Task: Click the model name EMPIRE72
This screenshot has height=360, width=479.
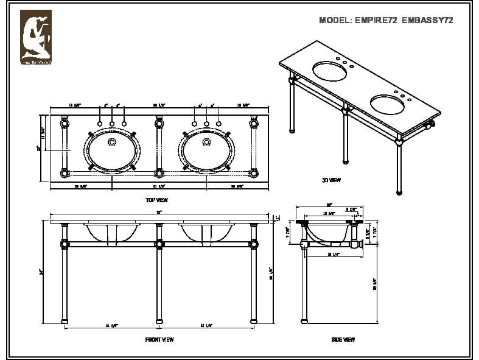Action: [376, 20]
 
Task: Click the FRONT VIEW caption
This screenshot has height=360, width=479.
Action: [159, 339]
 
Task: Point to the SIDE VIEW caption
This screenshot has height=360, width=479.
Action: [343, 339]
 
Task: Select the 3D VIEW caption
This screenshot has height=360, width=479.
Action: [331, 180]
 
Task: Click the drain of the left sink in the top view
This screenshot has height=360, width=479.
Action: [112, 143]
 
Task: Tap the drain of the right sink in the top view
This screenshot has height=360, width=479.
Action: [207, 143]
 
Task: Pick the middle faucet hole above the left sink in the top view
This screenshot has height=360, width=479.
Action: [112, 124]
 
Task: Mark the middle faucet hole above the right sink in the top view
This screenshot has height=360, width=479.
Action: [207, 124]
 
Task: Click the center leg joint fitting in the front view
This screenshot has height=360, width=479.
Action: [159, 245]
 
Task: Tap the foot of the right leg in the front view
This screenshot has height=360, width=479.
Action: [254, 320]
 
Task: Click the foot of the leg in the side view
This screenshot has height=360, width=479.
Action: [304, 320]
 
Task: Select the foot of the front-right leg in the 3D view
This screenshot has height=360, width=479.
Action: [399, 192]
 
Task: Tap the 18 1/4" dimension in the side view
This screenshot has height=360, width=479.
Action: [332, 254]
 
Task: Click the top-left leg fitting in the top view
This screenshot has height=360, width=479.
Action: [65, 124]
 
